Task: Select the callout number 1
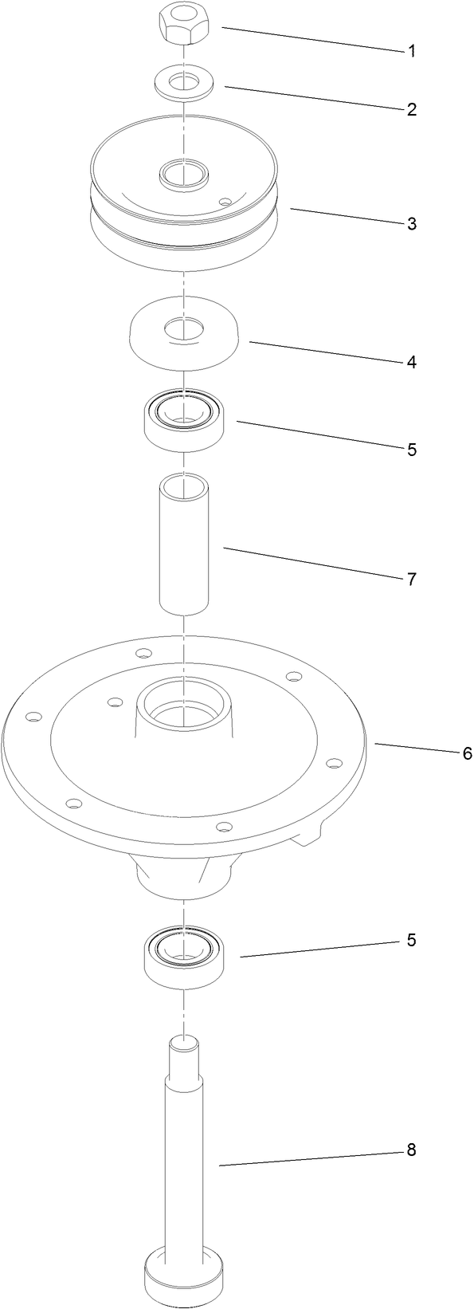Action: point(411,52)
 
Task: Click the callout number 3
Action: point(411,224)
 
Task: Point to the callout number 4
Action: point(411,362)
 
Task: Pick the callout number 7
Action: point(411,580)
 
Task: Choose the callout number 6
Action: point(468,753)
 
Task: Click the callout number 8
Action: point(411,1150)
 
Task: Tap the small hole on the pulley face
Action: point(225,202)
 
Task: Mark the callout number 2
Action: point(411,110)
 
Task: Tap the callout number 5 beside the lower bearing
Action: point(411,941)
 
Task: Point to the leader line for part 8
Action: point(311,1158)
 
